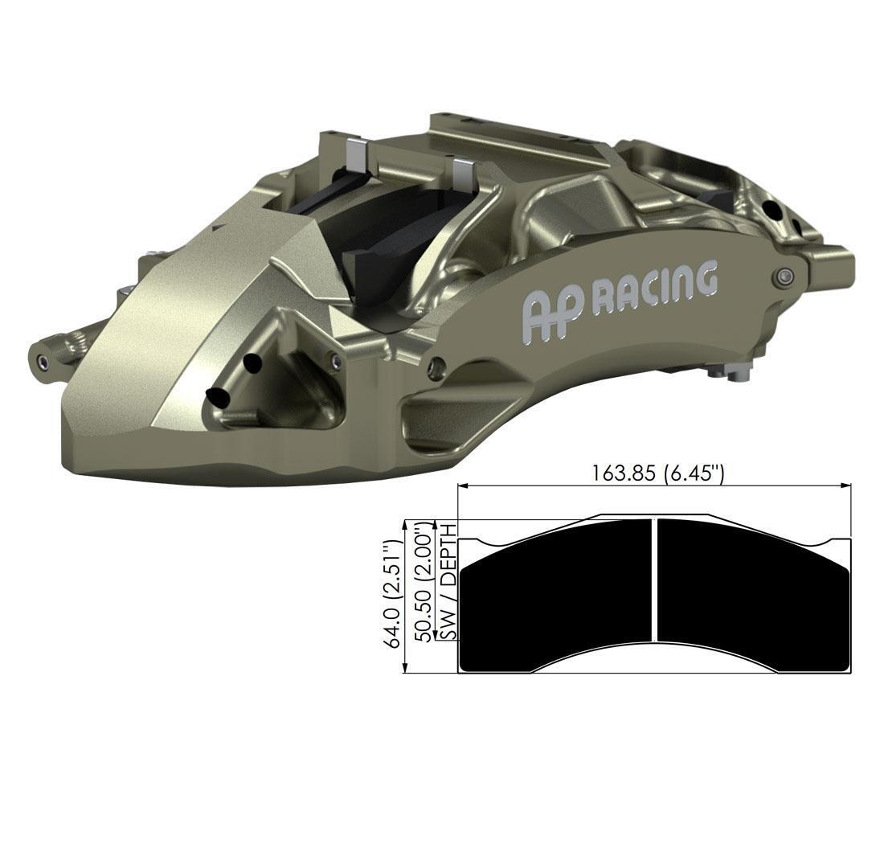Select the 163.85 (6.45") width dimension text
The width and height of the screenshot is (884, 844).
click(x=658, y=473)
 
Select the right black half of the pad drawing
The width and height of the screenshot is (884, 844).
click(x=751, y=595)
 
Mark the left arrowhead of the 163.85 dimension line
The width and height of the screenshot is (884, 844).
click(x=463, y=486)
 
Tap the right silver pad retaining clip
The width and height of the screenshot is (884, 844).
click(x=463, y=171)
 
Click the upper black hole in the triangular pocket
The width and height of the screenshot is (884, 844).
click(x=252, y=363)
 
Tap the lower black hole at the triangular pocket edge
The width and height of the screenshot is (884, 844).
click(x=216, y=396)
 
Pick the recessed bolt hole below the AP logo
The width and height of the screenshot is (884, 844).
click(x=436, y=366)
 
